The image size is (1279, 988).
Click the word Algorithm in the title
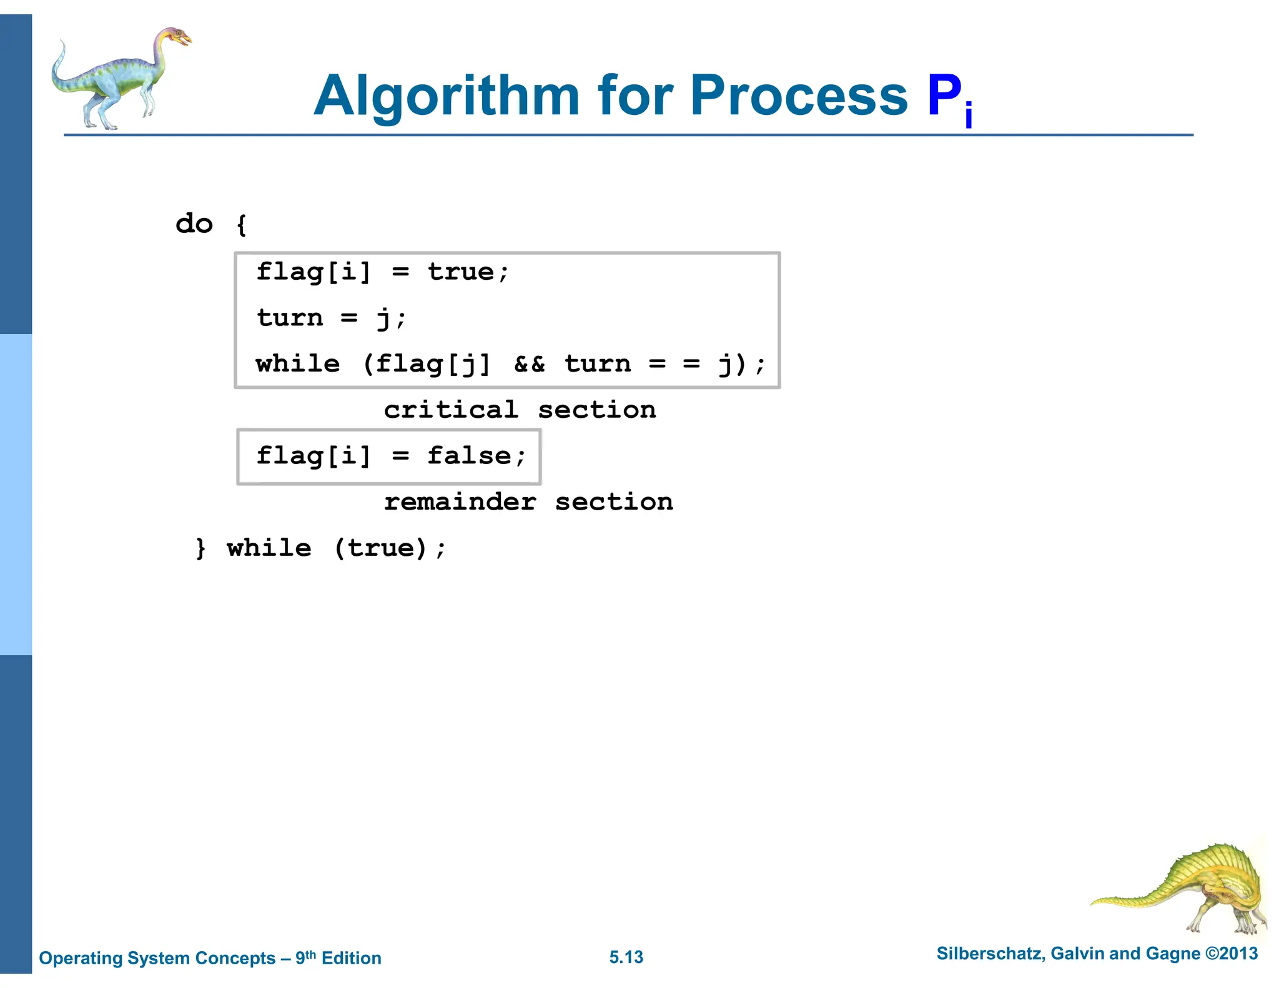447,97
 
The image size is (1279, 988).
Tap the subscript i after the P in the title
968,116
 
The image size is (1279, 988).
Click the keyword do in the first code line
194,224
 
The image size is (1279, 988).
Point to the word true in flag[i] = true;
461,272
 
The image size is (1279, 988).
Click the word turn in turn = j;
290,318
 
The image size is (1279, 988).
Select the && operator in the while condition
529,363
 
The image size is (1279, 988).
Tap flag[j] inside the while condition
433,363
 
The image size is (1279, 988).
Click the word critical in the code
451,410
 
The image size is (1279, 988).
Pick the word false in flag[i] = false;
469,455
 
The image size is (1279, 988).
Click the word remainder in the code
460,502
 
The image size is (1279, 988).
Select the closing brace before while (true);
200,548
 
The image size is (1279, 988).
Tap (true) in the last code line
380,548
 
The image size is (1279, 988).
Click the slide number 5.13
626,957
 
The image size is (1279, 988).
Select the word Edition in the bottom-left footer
351,958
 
